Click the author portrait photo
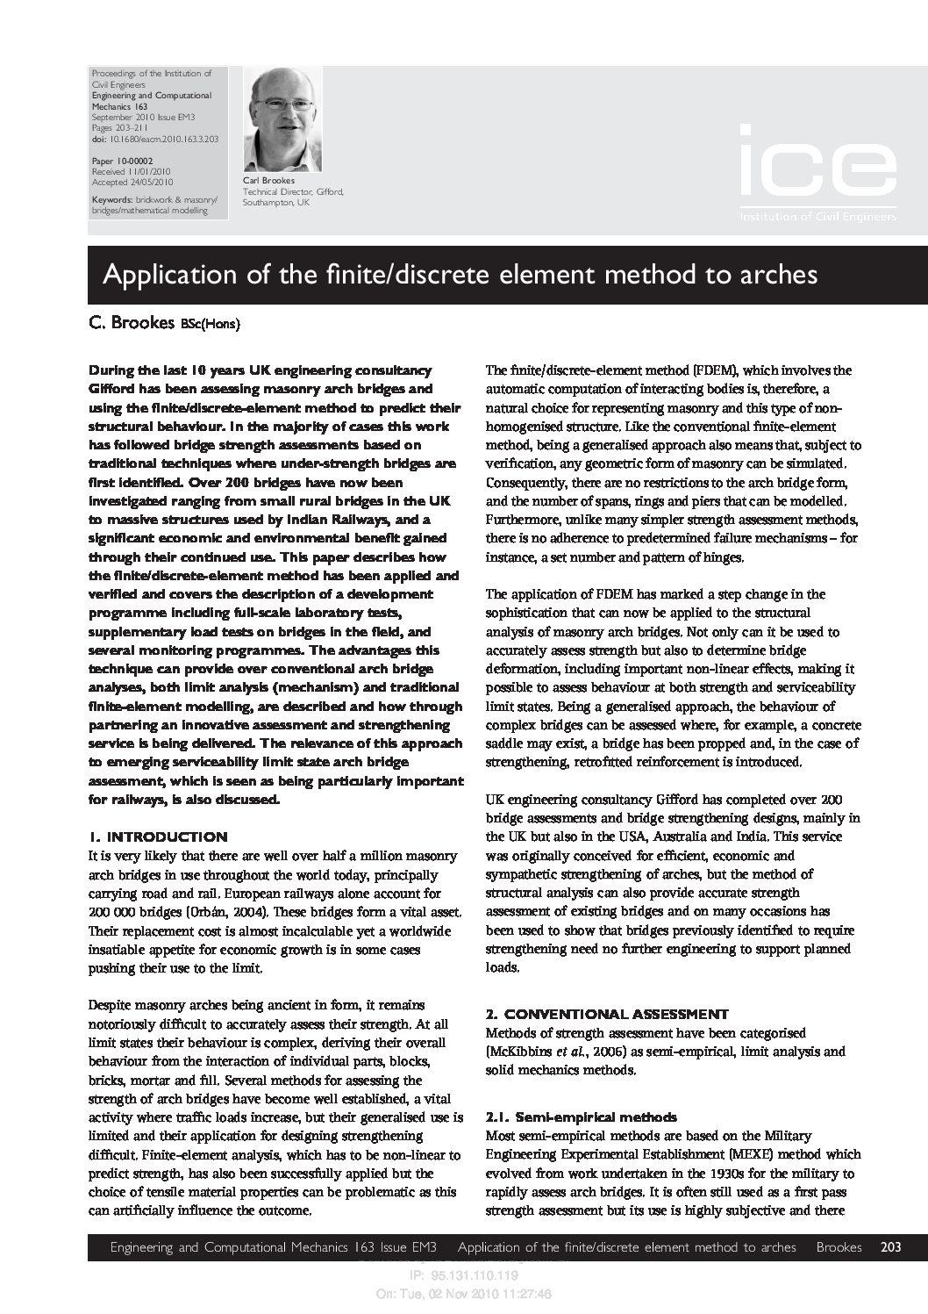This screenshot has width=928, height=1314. coord(282,120)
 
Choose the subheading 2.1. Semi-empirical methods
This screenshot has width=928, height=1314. coord(581,1117)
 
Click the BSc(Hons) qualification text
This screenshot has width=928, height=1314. coord(211,324)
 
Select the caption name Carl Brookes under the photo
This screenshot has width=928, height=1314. coord(267,180)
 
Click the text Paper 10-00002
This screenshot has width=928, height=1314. coord(122,162)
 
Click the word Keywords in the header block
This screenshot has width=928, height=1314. coord(111,200)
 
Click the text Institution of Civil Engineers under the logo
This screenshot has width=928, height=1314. coord(817,216)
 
